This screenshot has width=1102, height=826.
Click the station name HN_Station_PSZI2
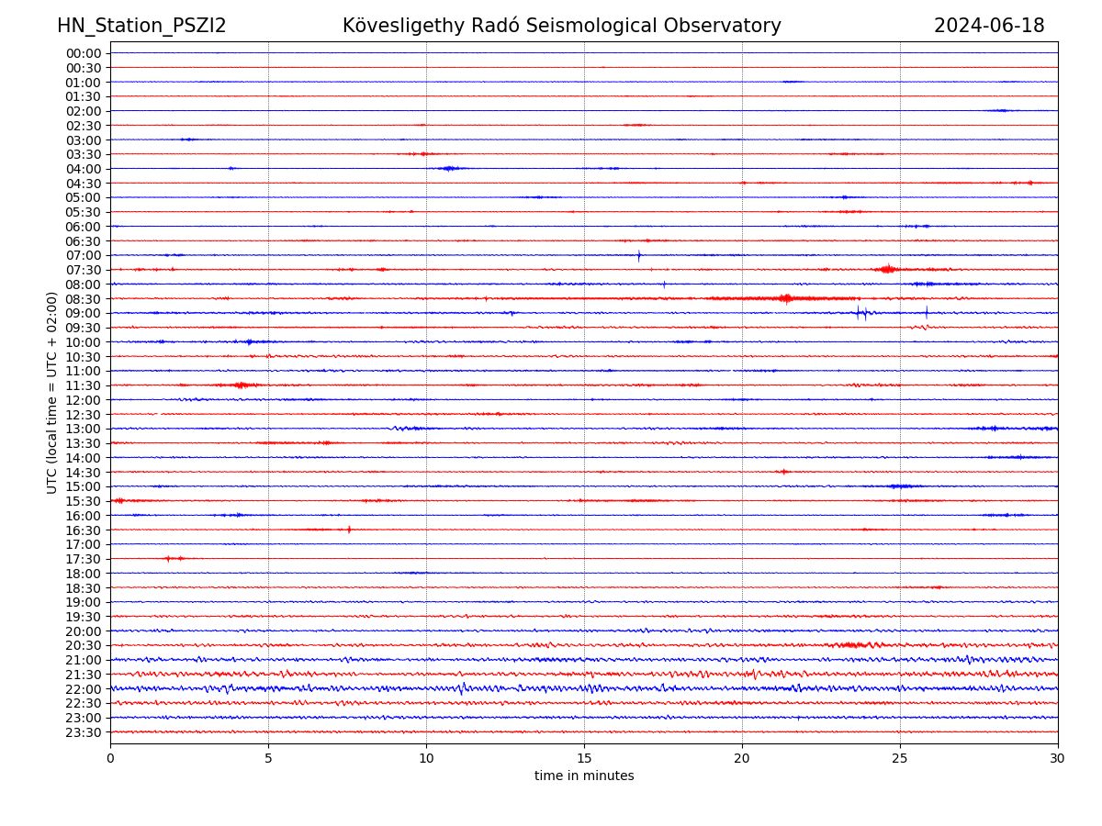(141, 27)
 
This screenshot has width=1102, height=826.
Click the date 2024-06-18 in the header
(989, 27)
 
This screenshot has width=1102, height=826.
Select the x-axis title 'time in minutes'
(584, 776)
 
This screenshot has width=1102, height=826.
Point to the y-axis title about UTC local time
(52, 393)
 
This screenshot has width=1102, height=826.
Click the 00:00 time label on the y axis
(84, 53)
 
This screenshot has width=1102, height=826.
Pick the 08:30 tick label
(84, 299)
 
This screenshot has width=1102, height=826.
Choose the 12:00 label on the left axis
(84, 400)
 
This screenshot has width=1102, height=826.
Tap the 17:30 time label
(84, 559)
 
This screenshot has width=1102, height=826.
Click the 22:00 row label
(84, 689)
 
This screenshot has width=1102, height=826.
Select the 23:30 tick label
(84, 732)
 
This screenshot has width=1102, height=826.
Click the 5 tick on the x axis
(268, 758)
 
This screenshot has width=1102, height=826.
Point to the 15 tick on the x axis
(584, 758)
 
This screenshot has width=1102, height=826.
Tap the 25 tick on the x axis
(900, 758)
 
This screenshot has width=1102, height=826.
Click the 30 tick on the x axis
(1058, 758)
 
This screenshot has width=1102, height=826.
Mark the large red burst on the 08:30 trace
(785, 298)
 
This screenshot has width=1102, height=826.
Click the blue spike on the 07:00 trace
(639, 255)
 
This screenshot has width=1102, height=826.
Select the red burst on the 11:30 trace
(242, 385)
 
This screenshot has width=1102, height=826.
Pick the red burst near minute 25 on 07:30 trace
(887, 269)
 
